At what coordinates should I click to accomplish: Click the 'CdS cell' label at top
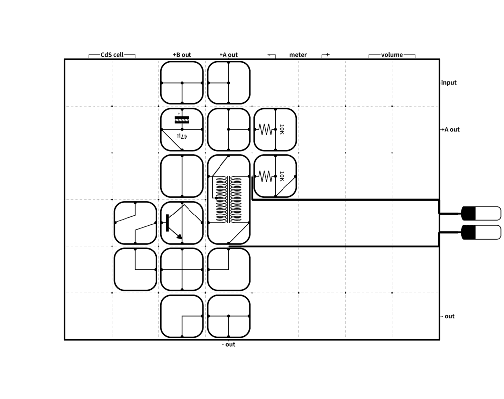point(112,55)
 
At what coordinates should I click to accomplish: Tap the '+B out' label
point(182,55)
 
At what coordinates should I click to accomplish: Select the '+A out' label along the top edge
point(228,55)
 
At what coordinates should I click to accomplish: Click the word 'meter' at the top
point(298,55)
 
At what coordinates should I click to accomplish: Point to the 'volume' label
point(392,55)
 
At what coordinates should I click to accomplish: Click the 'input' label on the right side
point(449,83)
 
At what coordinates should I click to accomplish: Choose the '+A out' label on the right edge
point(450,130)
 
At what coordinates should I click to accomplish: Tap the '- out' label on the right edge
point(448,316)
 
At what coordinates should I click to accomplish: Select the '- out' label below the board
point(229,345)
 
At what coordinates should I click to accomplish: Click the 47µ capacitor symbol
point(182,120)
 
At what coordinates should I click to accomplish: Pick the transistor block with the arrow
point(182,223)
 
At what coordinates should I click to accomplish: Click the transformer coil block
point(228,200)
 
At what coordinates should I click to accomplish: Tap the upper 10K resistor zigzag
point(265,129)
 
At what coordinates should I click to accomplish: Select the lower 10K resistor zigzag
point(265,176)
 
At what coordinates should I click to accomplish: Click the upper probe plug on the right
point(481,214)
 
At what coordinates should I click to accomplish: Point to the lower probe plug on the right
point(481,232)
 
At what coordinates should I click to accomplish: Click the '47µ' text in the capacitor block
point(182,136)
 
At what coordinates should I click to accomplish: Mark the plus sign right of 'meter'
point(327,55)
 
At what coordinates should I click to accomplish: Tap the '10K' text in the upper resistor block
point(282,129)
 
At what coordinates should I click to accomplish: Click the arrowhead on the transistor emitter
point(179,237)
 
